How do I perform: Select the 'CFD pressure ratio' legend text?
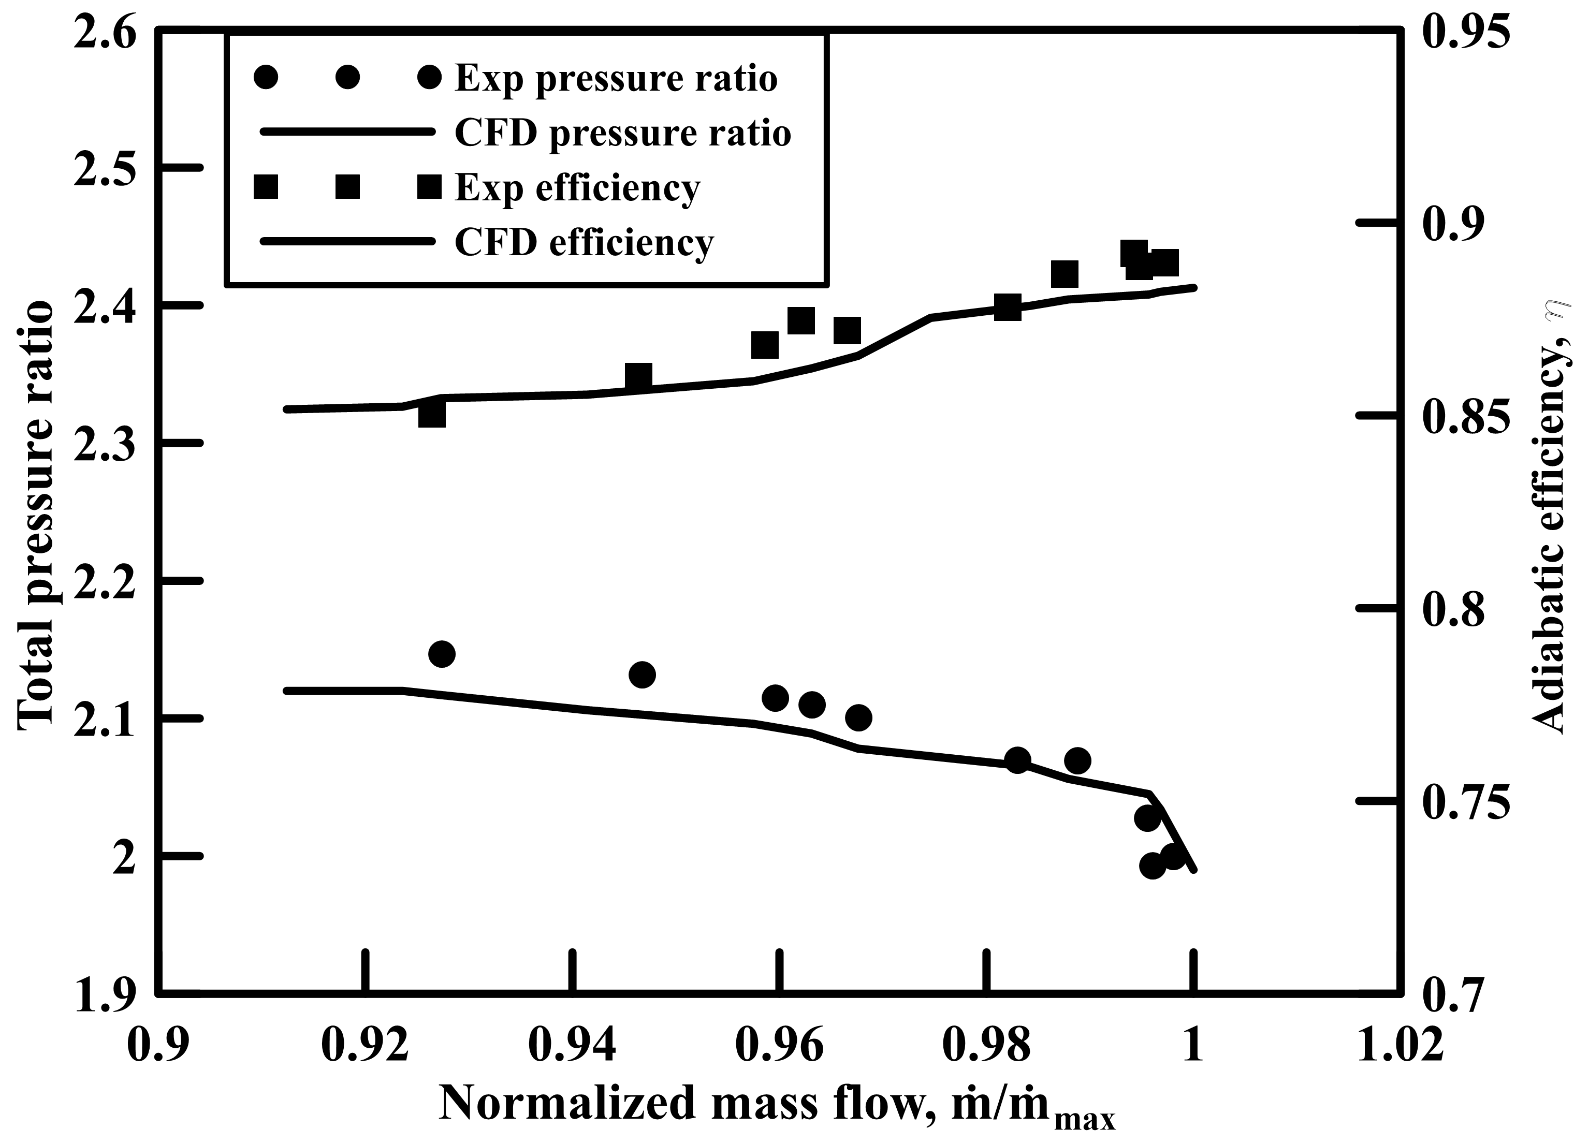(x=623, y=133)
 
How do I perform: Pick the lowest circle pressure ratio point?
(x=1152, y=866)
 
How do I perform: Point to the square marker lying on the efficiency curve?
(x=1008, y=307)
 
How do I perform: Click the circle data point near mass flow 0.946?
(x=642, y=675)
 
